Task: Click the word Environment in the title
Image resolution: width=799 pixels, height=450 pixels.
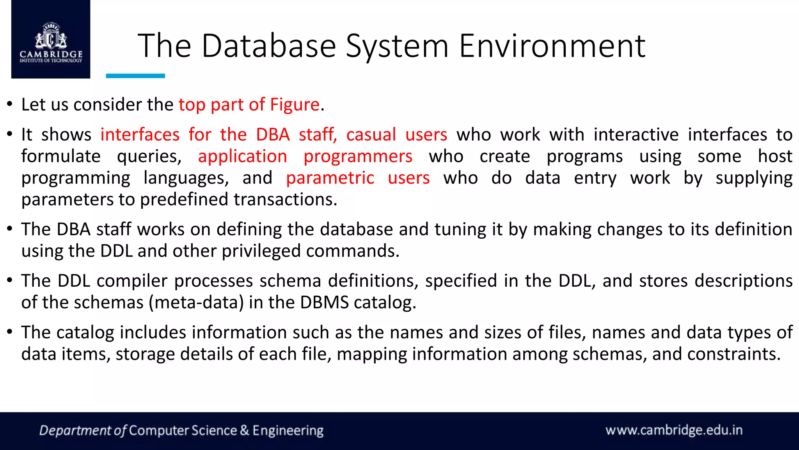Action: click(x=552, y=46)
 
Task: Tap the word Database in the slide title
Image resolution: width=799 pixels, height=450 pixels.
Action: click(x=269, y=46)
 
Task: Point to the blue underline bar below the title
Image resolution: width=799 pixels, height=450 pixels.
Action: click(x=135, y=76)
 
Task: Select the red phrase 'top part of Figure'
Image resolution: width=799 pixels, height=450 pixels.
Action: click(x=249, y=105)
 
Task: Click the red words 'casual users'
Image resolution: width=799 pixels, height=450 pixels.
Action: click(x=396, y=135)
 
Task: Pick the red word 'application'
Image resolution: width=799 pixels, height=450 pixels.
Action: click(x=242, y=156)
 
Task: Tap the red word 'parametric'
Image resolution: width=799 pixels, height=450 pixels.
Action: click(x=330, y=178)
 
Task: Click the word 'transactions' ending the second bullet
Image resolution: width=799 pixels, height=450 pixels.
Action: click(x=285, y=200)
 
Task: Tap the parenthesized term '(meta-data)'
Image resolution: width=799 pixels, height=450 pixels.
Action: click(x=196, y=303)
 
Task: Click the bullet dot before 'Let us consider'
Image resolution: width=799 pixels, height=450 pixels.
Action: click(x=10, y=104)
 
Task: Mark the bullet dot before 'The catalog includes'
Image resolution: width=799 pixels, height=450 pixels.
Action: click(x=10, y=332)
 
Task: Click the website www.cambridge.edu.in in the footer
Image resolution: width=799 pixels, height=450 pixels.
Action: click(x=674, y=430)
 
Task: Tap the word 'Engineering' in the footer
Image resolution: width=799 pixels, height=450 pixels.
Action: click(x=288, y=430)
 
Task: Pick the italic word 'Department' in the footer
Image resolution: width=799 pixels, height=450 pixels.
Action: click(x=75, y=430)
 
